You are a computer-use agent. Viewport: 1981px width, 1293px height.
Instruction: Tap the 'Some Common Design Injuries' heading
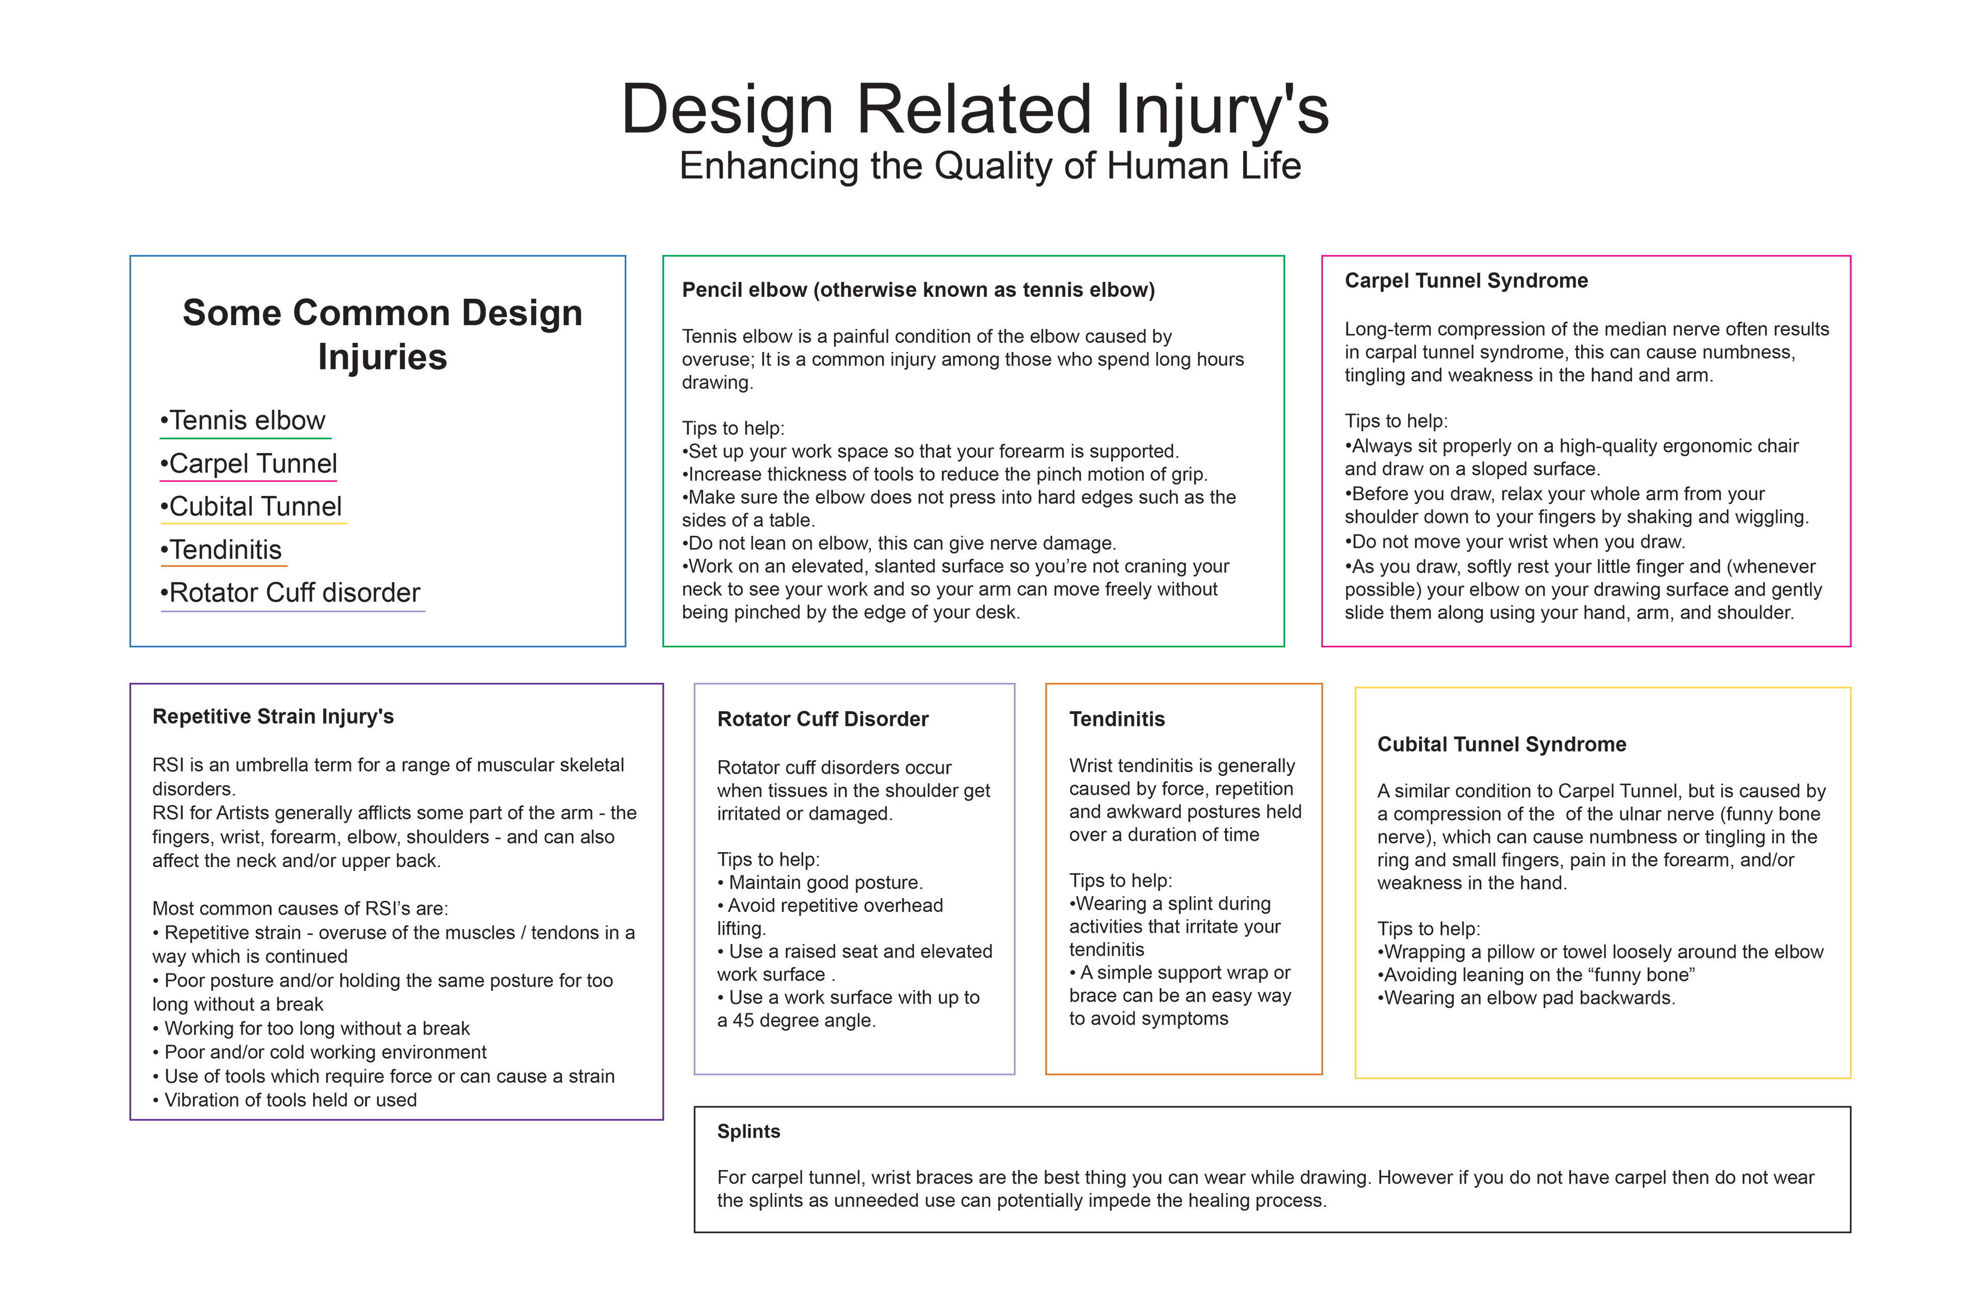tap(382, 334)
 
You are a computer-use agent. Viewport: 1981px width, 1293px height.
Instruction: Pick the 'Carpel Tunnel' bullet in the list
tap(248, 464)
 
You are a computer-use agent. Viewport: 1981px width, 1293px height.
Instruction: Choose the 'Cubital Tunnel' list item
tap(251, 506)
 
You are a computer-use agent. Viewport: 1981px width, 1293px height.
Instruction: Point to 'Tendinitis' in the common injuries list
tap(221, 550)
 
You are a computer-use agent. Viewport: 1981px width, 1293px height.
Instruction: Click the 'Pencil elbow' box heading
tap(918, 290)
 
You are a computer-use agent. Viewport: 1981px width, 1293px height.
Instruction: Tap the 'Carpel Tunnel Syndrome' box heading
tap(1466, 281)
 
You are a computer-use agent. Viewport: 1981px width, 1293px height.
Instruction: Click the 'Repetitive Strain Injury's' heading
tap(273, 717)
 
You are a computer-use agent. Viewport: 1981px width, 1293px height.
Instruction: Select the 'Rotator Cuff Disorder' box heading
tap(822, 720)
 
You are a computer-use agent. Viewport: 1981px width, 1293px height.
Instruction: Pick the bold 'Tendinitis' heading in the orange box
tap(1117, 720)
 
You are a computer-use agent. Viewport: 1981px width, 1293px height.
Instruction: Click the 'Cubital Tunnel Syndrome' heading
tap(1502, 744)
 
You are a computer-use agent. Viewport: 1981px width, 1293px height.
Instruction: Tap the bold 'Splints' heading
tap(748, 1131)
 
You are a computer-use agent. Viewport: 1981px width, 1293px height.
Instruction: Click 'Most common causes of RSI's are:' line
tap(300, 908)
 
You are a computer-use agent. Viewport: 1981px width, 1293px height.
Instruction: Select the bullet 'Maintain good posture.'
tap(820, 883)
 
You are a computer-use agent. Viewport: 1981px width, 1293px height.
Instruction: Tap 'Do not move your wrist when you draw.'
tap(1515, 542)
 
